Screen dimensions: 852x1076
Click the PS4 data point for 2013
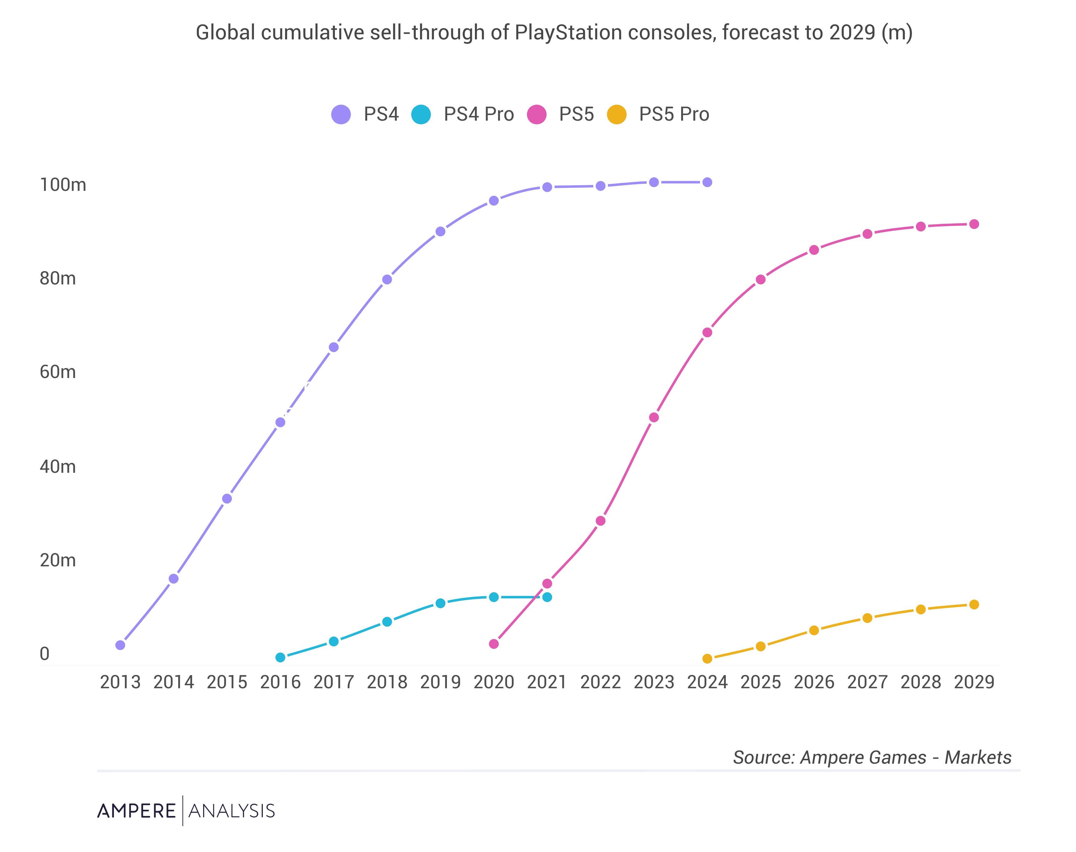120,645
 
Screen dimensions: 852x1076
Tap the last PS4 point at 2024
707,183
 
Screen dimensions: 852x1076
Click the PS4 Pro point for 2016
280,657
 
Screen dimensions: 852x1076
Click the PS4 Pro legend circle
421,114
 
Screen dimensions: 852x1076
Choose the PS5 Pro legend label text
674,114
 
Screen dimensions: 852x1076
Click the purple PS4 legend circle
341,114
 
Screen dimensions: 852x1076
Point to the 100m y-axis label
63,185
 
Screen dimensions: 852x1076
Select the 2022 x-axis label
600,682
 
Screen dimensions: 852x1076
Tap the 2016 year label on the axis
280,682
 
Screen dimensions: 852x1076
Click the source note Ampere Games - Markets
872,757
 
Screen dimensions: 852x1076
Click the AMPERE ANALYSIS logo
186,810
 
